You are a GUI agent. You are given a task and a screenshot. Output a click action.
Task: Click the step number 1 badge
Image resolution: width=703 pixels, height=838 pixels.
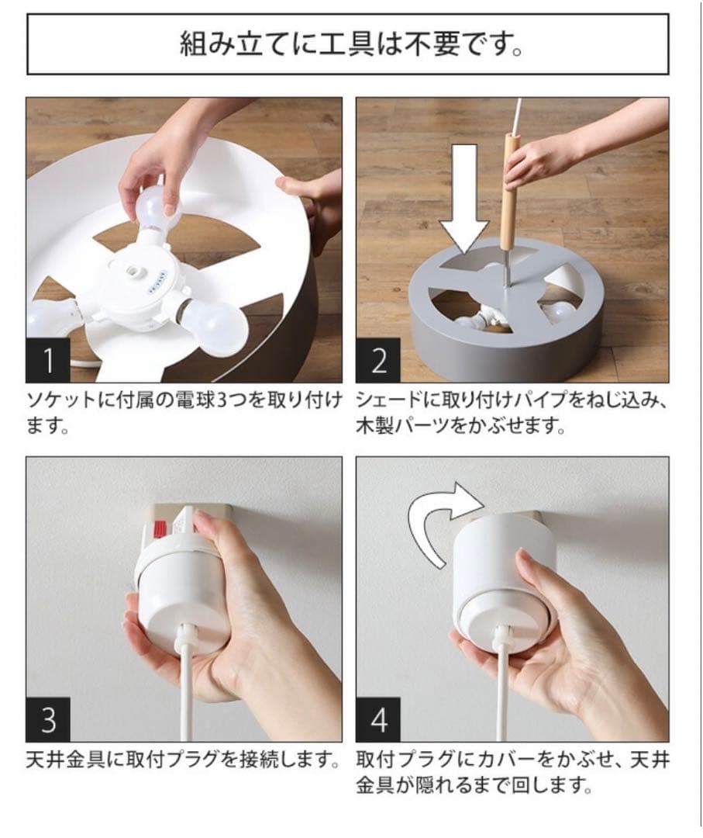pyautogui.click(x=47, y=360)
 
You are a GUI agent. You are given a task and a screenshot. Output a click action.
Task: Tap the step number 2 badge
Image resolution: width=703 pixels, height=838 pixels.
pyautogui.click(x=378, y=360)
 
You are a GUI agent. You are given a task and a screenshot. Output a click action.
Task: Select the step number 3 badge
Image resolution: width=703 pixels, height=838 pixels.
pyautogui.click(x=47, y=719)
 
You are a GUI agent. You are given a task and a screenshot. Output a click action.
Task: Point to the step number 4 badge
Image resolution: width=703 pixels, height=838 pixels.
pyautogui.click(x=378, y=719)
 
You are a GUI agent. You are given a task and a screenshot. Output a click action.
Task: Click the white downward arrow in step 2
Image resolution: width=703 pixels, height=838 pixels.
pyautogui.click(x=463, y=198)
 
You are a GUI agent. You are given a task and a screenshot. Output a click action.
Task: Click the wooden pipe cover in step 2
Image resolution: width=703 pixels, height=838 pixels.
pyautogui.click(x=511, y=190)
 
